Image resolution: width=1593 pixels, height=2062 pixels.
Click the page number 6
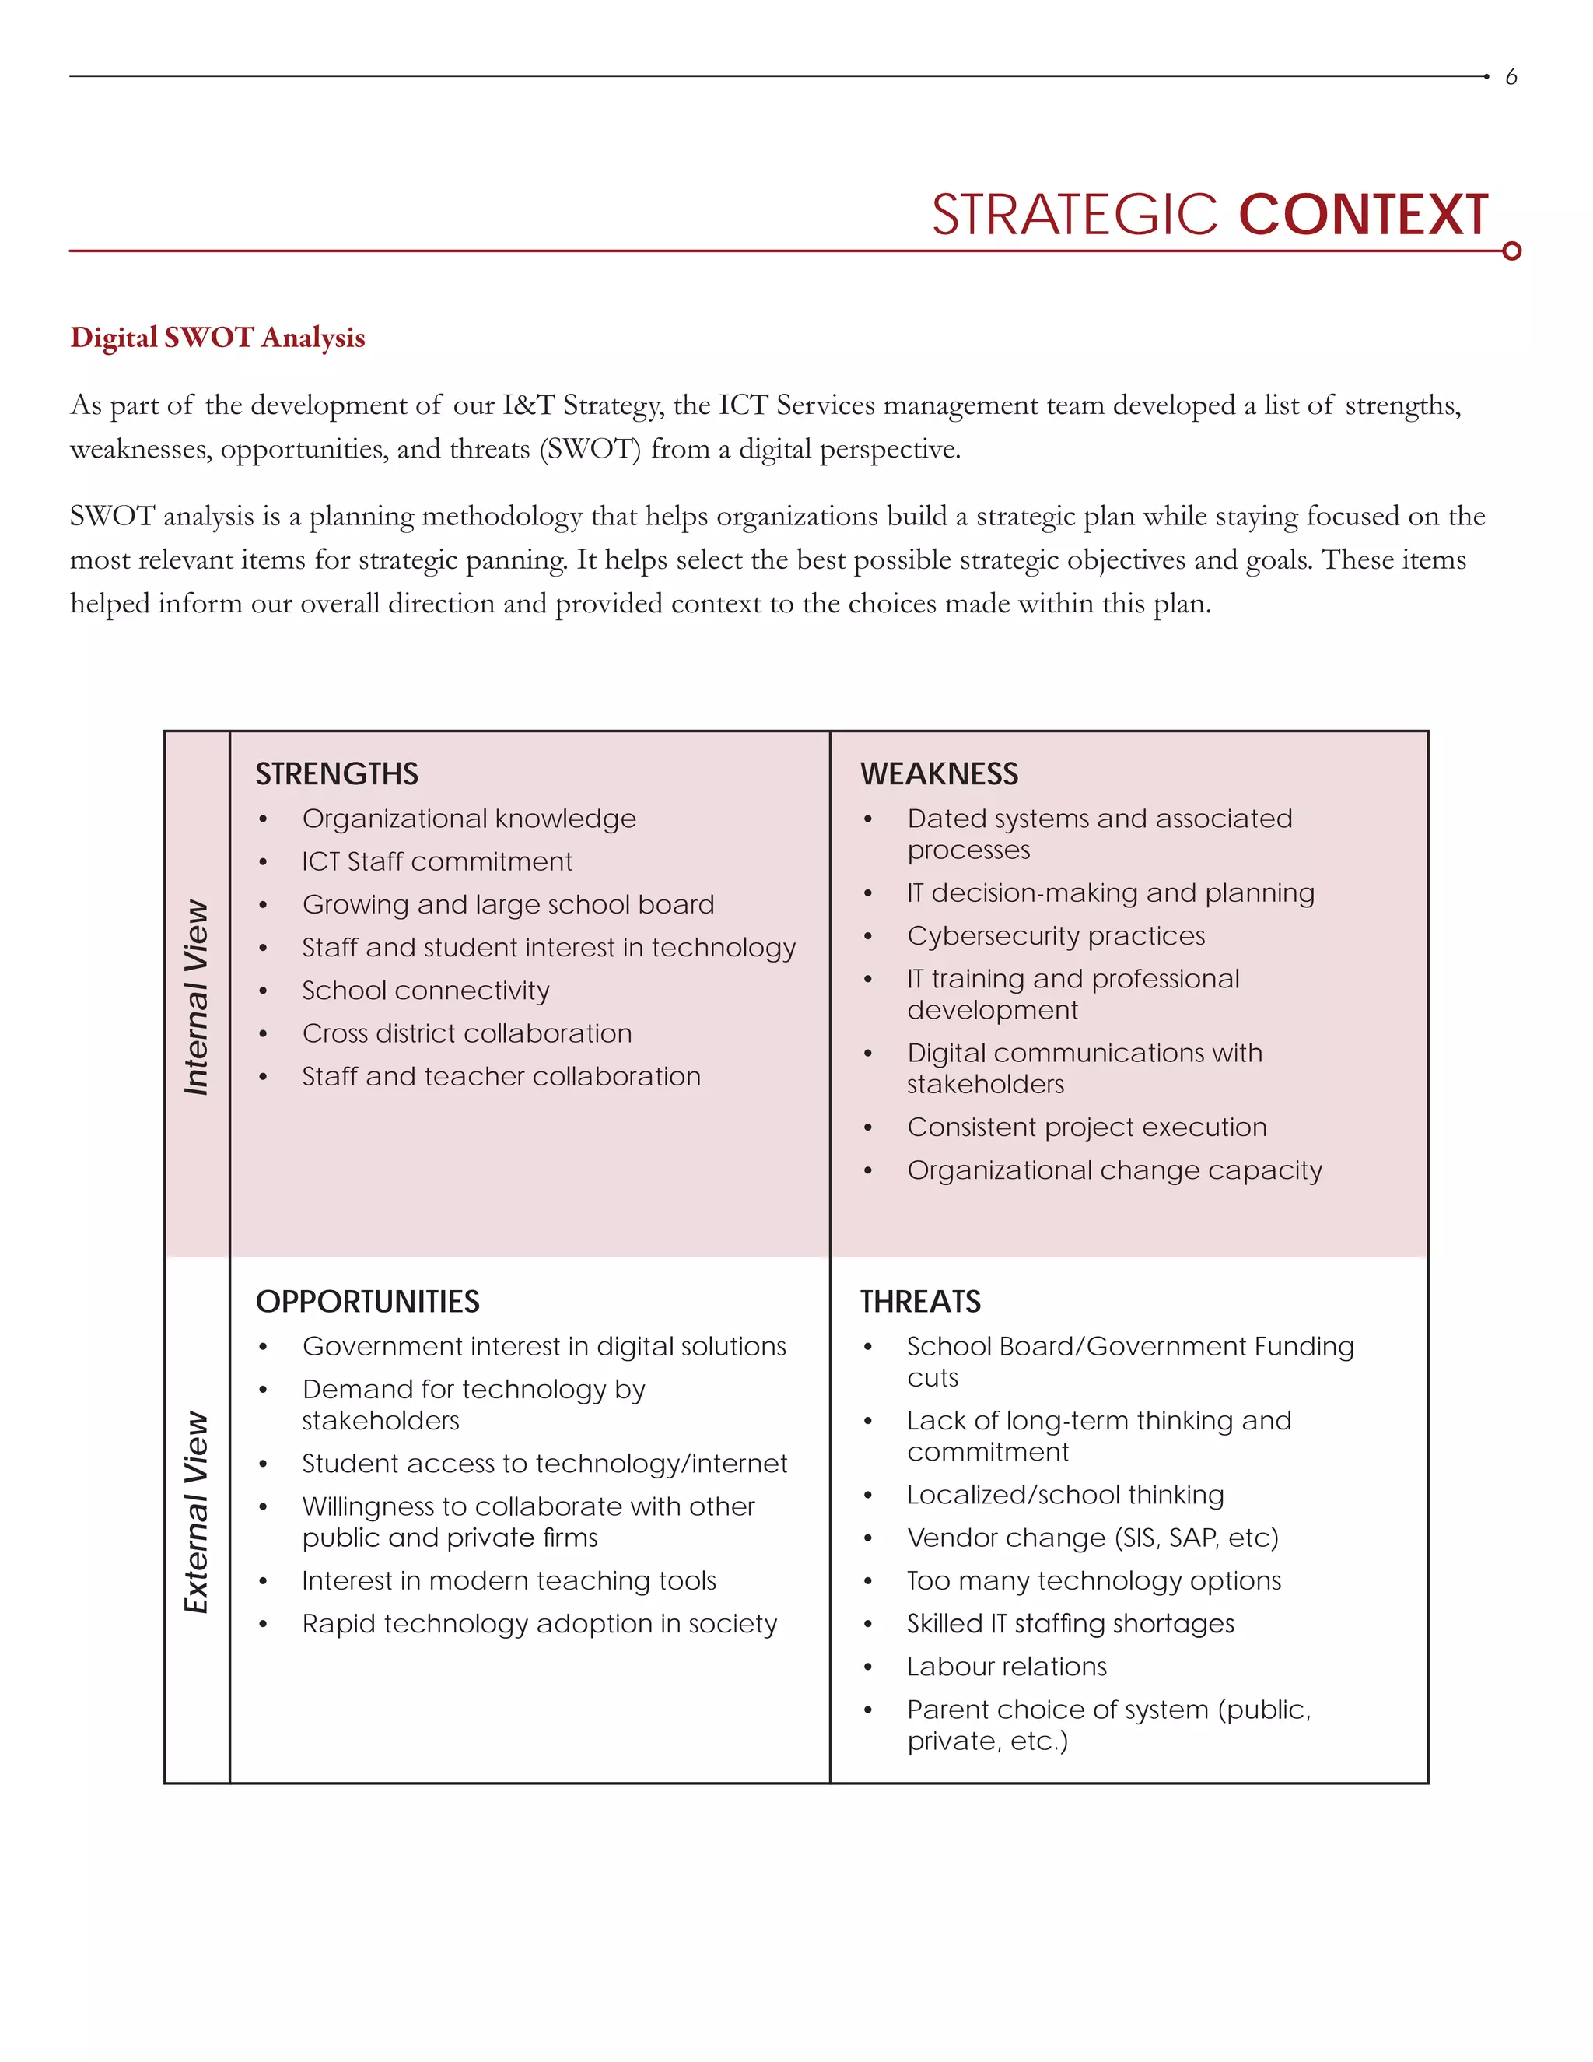(x=1511, y=76)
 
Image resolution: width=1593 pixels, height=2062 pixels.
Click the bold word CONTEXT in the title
(x=1363, y=216)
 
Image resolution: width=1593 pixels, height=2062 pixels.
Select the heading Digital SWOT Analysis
(x=217, y=337)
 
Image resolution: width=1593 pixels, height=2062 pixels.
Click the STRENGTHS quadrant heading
(x=336, y=774)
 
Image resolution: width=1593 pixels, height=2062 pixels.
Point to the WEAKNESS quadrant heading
(x=938, y=774)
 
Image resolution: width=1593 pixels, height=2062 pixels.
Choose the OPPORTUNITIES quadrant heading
(x=367, y=1302)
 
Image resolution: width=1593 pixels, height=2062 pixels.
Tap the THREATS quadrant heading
(x=919, y=1302)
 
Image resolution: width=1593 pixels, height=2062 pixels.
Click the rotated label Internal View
(x=196, y=997)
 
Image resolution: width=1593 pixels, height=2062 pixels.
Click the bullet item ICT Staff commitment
(x=437, y=862)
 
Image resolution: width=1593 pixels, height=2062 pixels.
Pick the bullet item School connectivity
(x=425, y=991)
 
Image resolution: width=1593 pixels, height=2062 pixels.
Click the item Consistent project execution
(x=1086, y=1127)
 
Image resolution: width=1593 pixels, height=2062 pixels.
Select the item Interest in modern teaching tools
(x=509, y=1580)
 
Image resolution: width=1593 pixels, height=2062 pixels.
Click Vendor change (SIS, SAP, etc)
(x=1092, y=1538)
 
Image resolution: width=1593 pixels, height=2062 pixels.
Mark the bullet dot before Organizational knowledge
(x=264, y=819)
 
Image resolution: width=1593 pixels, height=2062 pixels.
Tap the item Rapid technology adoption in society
(x=539, y=1624)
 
